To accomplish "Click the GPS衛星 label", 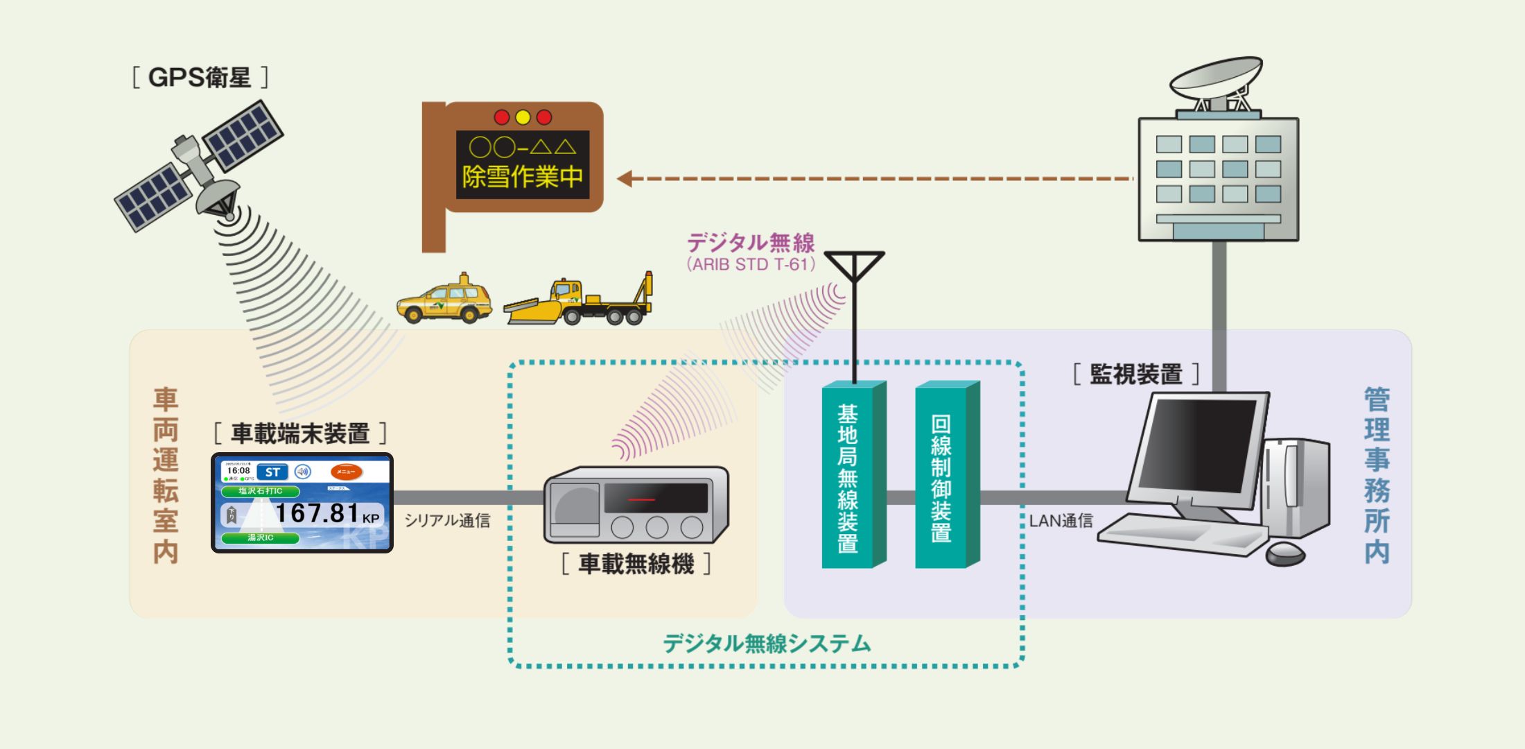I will click(200, 77).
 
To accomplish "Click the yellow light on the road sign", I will click(523, 117).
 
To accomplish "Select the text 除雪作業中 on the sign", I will click(523, 177).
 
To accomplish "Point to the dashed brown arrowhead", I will click(625, 179).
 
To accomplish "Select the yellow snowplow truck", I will click(579, 302).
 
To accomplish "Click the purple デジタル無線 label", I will click(751, 243).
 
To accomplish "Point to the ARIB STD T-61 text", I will click(751, 264).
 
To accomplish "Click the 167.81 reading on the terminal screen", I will click(317, 513).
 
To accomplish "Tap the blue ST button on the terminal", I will click(272, 472).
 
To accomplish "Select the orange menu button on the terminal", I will click(346, 472).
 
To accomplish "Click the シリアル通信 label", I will click(447, 521).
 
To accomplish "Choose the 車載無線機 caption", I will click(636, 564).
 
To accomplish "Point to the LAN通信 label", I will click(1061, 521).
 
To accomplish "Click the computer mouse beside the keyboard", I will click(1285, 553).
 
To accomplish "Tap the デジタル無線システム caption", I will click(767, 644).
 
